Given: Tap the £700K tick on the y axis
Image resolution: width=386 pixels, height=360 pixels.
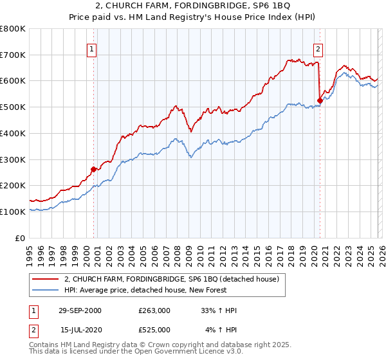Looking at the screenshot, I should tap(13, 55).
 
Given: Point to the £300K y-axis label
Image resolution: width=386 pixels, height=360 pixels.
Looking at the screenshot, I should tap(13, 159).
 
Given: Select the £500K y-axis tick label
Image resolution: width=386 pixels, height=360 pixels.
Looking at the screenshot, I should tap(13, 107).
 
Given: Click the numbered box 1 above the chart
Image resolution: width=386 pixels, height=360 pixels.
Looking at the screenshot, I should tap(92, 48).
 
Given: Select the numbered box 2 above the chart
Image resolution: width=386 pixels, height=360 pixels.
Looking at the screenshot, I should tap(318, 48).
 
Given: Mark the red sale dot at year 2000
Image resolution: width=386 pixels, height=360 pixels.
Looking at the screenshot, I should tap(94, 169).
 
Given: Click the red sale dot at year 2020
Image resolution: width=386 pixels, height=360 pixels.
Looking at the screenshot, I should tap(320, 100).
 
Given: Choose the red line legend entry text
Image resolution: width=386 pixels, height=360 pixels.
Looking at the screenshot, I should tap(171, 279).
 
